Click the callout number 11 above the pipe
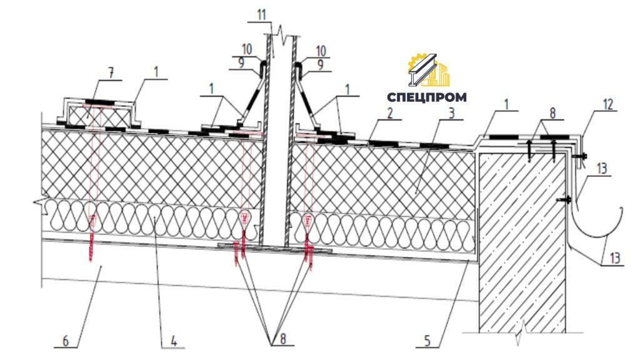(261, 15)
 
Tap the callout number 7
(111, 74)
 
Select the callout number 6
(66, 341)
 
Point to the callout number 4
(174, 341)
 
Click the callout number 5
(427, 341)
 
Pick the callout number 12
(607, 104)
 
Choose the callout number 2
(390, 112)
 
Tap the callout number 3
(451, 112)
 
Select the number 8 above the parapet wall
(552, 113)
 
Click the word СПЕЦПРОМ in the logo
(426, 97)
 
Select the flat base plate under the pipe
(275, 247)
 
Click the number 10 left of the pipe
(247, 49)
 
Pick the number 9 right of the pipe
(321, 64)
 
